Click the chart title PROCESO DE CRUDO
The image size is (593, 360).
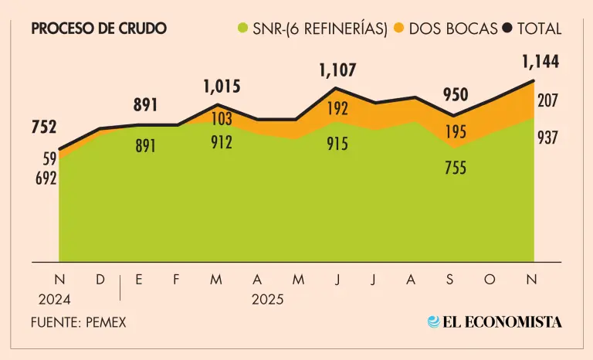point(98,29)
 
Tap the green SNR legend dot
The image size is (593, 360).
point(243,29)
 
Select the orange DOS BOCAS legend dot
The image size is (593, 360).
point(399,29)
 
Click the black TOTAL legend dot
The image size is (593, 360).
point(507,29)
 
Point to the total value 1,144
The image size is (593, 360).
point(540,61)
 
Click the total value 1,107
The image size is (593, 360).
point(337,70)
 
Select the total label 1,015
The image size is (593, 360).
point(222,87)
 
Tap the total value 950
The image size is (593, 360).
point(455,95)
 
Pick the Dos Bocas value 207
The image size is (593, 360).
point(547,100)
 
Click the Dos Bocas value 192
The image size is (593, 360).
point(337,109)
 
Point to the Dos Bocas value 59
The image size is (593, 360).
point(49,160)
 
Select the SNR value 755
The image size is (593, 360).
point(455,167)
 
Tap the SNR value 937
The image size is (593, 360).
point(547,138)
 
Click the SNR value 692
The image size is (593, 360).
point(46,178)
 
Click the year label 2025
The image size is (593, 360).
point(267,300)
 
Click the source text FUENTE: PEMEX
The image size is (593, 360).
point(79,322)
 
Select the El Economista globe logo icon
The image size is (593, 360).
point(434,322)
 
